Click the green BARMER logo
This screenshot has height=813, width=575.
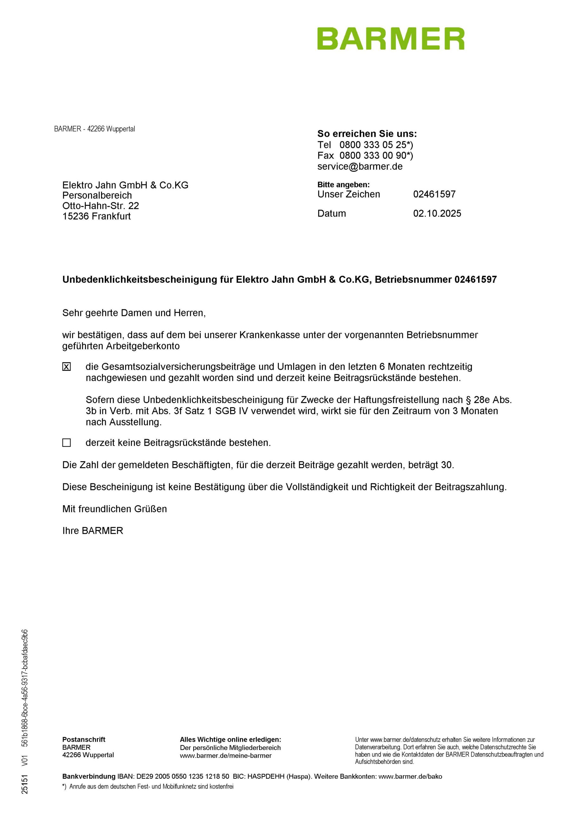[391, 39]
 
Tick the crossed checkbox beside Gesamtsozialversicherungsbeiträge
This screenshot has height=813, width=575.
[67, 367]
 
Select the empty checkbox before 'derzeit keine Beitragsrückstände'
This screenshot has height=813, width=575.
[67, 443]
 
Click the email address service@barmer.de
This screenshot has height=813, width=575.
[360, 166]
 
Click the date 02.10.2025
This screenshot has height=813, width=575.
[437, 213]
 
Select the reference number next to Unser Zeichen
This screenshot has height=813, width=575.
[434, 194]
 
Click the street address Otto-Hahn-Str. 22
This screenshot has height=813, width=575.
[101, 206]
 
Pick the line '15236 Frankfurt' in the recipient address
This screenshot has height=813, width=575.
[96, 216]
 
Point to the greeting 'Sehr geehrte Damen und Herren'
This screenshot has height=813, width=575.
[134, 313]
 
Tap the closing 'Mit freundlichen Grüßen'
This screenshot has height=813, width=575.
[114, 509]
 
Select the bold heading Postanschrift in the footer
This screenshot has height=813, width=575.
[84, 739]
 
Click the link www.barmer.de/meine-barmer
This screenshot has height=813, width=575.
[225, 756]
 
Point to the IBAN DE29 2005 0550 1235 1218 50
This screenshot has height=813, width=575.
[183, 776]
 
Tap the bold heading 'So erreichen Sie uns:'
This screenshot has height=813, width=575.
[367, 134]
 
